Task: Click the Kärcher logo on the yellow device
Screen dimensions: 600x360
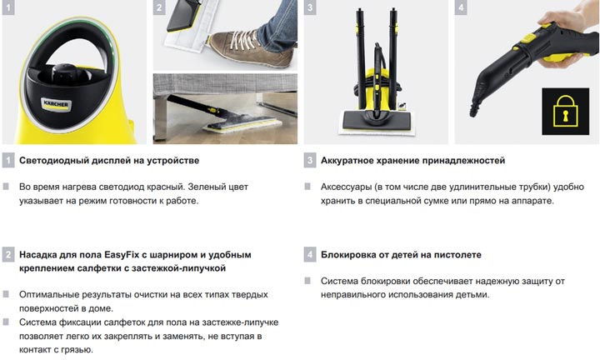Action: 56,104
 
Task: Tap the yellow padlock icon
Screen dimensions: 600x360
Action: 565,112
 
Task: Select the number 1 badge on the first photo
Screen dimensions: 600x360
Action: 8,7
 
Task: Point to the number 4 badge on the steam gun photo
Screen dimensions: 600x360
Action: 461,7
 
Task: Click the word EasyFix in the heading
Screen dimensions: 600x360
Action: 122,255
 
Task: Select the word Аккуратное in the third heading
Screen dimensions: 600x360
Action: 347,161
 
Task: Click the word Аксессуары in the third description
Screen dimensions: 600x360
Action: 347,187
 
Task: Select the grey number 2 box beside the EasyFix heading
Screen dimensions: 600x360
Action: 8,254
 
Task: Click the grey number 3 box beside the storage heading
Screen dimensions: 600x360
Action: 310,160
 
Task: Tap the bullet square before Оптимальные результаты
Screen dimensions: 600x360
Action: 6,294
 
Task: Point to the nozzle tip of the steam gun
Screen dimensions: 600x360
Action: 473,112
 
